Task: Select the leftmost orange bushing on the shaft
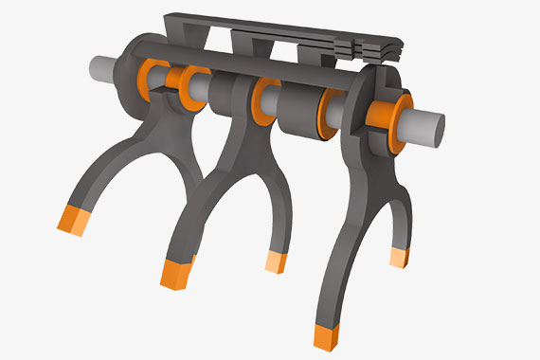pyautogui.click(x=151, y=77)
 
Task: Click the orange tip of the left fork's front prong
pyautogui.click(x=71, y=219)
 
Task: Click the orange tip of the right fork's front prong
pyautogui.click(x=324, y=336)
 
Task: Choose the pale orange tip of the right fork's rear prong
pyautogui.click(x=399, y=257)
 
